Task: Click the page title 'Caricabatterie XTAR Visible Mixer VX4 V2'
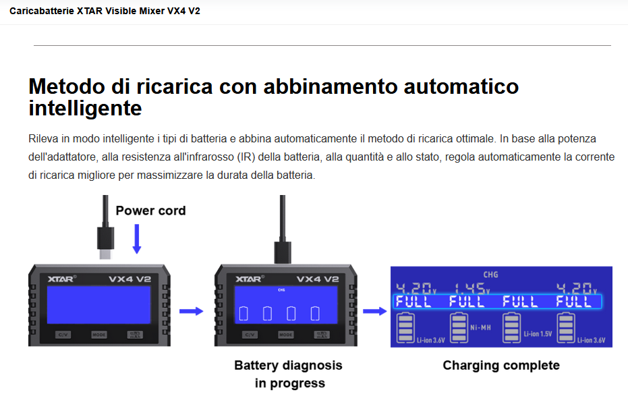[x=105, y=11]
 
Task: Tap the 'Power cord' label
[x=150, y=211]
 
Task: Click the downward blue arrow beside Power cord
[x=136, y=239]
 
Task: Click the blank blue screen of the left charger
[x=98, y=305]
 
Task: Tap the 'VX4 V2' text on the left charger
[x=130, y=279]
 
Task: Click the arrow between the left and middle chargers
[x=191, y=311]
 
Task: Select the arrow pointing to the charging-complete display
[x=374, y=311]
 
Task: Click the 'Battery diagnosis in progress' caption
[x=289, y=374]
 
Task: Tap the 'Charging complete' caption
[x=501, y=365]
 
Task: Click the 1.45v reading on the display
[x=472, y=288]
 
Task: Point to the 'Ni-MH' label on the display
[x=480, y=328]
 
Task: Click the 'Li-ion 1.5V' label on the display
[x=538, y=334]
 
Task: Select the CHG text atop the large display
[x=490, y=275]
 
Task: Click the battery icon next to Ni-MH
[x=459, y=328]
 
